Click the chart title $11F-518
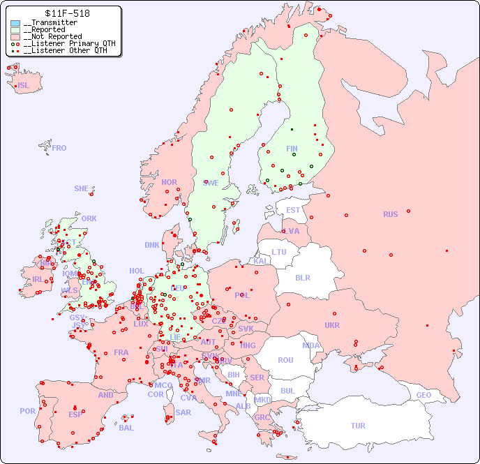(66, 13)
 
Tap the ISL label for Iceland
(24, 86)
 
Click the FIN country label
(292, 149)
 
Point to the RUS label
(390, 214)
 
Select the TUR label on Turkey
(358, 426)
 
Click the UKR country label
(332, 325)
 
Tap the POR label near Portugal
(27, 411)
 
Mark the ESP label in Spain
(75, 414)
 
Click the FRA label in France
(121, 352)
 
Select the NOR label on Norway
(169, 182)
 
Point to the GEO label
(423, 395)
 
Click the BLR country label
(303, 277)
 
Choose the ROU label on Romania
(285, 360)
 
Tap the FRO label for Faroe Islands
(59, 148)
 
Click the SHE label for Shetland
(82, 188)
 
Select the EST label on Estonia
(293, 210)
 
